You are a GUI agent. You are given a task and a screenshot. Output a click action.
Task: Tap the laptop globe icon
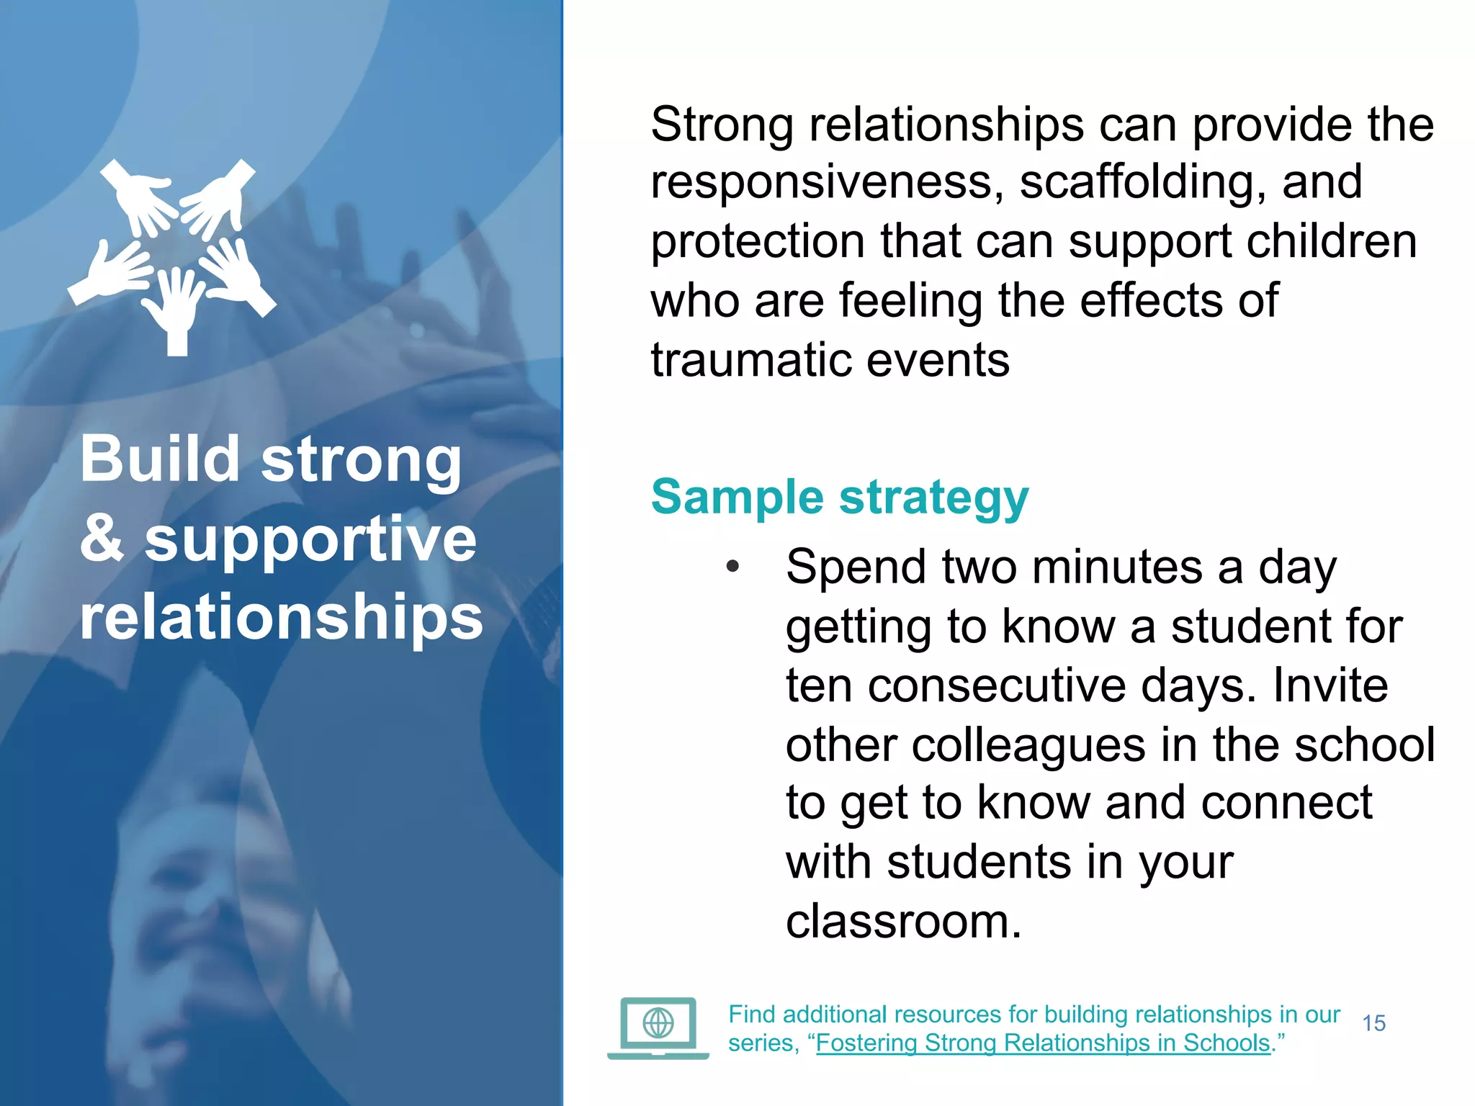point(658,1025)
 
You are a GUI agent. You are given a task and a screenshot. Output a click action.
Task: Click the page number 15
point(1373,1023)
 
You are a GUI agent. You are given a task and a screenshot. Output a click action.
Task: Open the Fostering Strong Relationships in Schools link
point(1043,1043)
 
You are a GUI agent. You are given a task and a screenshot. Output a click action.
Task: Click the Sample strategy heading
point(840,497)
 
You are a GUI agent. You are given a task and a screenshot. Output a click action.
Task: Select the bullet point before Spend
point(732,567)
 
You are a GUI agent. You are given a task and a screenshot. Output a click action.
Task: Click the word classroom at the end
point(903,921)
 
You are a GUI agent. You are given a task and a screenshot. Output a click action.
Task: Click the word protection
point(757,241)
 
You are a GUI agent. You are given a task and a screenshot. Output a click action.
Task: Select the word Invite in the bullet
point(1330,685)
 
